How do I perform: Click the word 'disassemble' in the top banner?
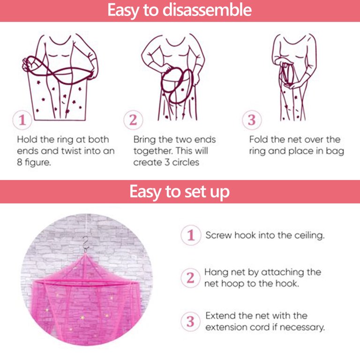click(207, 10)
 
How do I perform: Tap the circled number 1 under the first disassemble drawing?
click(22, 120)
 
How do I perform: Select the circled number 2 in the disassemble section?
click(133, 120)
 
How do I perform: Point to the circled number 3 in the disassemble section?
click(252, 120)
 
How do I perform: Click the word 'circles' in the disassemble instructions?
click(186, 162)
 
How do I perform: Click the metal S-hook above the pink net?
click(86, 244)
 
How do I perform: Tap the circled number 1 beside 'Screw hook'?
click(191, 235)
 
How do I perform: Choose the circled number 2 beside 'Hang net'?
click(190, 278)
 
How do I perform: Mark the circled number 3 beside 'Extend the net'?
click(190, 322)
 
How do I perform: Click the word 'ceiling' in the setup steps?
click(309, 235)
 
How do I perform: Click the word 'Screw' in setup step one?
click(218, 235)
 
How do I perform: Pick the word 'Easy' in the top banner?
click(123, 10)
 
